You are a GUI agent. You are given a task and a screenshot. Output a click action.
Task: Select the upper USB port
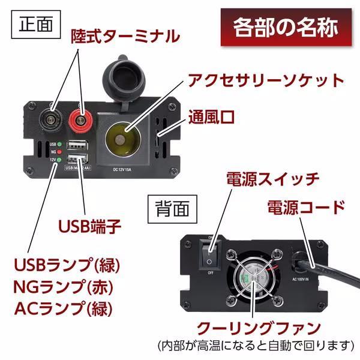click(77, 145)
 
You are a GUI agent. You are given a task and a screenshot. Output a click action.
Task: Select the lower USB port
click(77, 160)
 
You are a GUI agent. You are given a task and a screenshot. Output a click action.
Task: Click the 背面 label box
click(172, 208)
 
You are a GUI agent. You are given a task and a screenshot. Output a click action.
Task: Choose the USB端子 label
click(90, 226)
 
